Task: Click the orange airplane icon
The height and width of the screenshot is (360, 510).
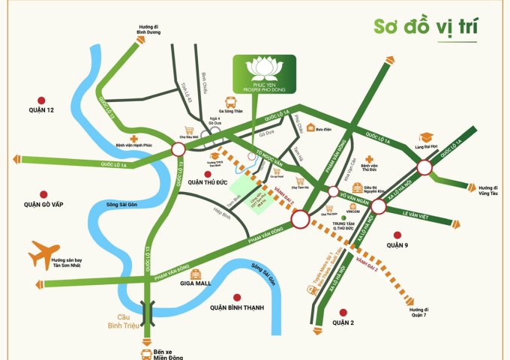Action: coord(43,255)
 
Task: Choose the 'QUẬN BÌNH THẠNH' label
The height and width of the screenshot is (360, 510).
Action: coord(238,307)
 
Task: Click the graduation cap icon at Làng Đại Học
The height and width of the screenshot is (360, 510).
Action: coord(427,136)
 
